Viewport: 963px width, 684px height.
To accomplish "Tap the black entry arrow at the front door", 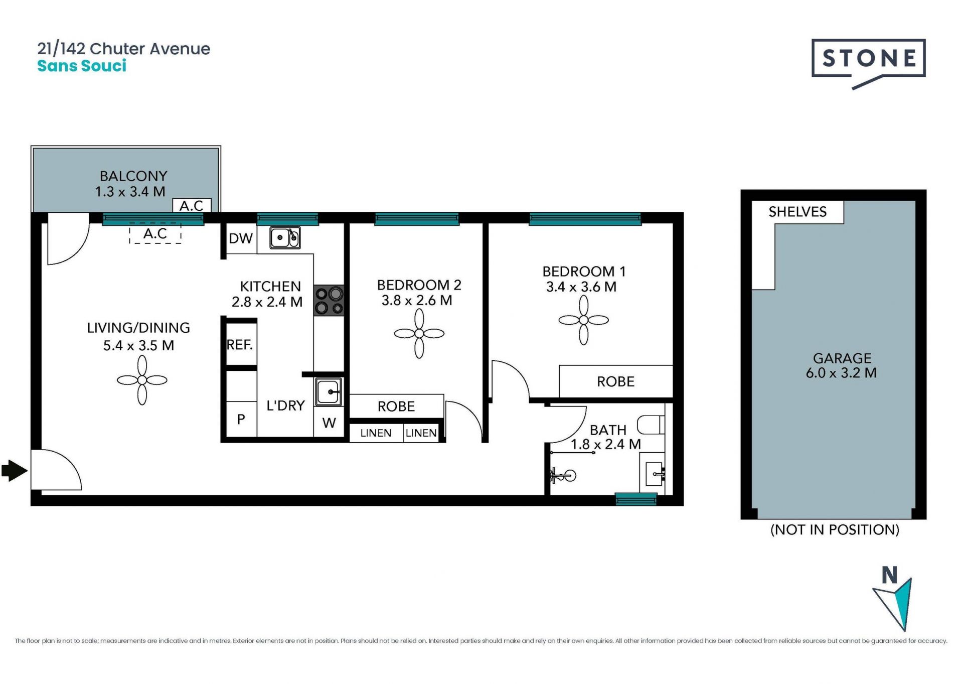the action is [x=15, y=471].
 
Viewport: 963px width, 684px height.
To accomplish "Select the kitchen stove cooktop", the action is [x=329, y=301].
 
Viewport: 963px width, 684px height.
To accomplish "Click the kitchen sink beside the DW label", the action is [x=285, y=238].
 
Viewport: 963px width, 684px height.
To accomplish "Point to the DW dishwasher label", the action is [x=241, y=238].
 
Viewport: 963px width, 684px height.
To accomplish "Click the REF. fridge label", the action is [x=240, y=345].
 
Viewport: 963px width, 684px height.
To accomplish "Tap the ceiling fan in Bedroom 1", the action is [x=584, y=320].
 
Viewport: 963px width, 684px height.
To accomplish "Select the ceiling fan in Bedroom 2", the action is [x=419, y=333].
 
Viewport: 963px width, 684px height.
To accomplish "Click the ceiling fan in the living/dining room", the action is [x=142, y=380].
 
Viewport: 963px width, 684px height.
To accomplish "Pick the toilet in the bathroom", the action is [x=651, y=425].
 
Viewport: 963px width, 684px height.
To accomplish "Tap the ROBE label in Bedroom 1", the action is [x=615, y=382].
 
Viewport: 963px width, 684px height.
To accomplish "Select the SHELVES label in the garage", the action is [x=797, y=212].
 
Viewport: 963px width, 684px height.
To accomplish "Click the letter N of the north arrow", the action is [x=890, y=576].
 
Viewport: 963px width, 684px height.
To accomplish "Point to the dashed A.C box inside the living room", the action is [x=155, y=233].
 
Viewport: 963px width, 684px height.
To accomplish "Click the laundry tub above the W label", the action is [x=329, y=391].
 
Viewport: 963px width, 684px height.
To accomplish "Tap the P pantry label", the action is [x=241, y=419].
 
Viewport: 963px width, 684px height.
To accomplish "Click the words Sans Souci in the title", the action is [x=82, y=66].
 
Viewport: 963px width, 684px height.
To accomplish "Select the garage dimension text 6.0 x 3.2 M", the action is [x=841, y=373].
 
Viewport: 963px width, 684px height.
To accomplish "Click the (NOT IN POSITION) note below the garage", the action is [x=835, y=529].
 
